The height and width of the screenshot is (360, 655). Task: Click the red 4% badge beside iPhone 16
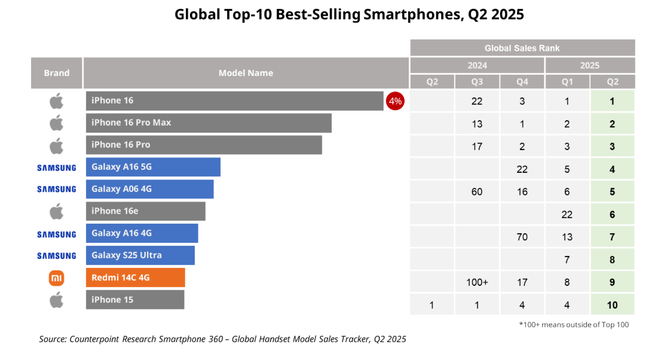tap(395, 101)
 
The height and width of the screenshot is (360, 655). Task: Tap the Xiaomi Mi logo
tap(56, 277)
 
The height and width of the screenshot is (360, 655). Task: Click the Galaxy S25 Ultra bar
tap(140, 255)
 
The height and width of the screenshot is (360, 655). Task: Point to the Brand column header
tap(57, 73)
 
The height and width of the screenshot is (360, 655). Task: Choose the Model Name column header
tap(246, 73)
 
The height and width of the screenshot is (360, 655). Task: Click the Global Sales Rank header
tap(522, 48)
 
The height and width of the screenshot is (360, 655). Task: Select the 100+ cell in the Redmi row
tap(477, 282)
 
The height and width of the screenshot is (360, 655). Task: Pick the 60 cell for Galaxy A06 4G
tap(477, 192)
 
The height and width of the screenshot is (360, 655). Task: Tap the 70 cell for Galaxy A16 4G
tap(522, 237)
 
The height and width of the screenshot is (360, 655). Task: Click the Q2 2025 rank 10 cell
tap(612, 305)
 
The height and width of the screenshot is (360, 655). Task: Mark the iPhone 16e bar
tap(145, 211)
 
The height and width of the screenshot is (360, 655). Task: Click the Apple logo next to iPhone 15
tap(56, 300)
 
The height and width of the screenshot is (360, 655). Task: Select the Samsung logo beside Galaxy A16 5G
tap(57, 167)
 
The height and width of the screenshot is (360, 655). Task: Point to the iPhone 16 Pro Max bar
tap(209, 123)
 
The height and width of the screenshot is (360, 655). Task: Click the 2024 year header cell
tap(477, 65)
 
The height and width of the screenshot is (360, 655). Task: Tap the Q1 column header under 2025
tap(567, 82)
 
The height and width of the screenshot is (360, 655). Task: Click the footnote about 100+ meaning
tap(573, 325)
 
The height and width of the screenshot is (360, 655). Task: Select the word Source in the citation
tap(52, 339)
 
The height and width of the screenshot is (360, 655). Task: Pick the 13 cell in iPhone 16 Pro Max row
tap(477, 124)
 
